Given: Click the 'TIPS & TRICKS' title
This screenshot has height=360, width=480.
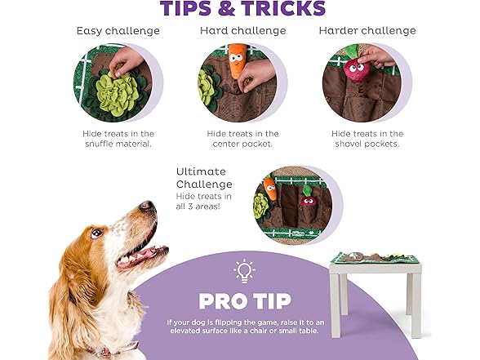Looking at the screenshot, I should [x=242, y=9].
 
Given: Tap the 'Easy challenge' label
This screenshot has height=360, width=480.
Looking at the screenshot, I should [x=118, y=31].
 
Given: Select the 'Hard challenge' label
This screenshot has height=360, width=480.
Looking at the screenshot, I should [x=242, y=31].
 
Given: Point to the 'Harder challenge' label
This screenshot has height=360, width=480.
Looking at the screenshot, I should [x=367, y=31].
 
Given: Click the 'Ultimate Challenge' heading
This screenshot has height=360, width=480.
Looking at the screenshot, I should [x=204, y=178].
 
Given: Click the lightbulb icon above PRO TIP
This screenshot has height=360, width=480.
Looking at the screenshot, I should [x=244, y=271].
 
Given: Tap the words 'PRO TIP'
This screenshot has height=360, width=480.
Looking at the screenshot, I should [x=243, y=301].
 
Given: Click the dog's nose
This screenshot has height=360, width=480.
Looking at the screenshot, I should [x=147, y=207].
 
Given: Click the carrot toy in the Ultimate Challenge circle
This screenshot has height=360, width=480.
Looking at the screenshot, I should [x=270, y=190].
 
